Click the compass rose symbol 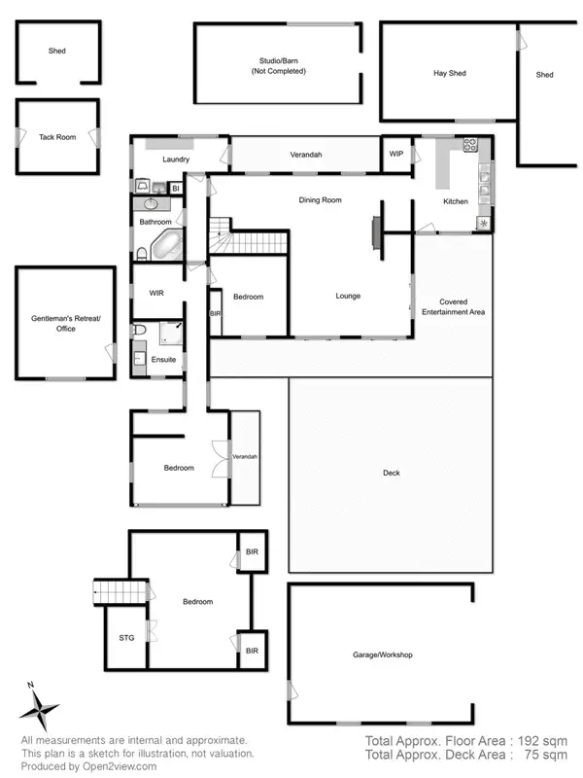tap(41, 709)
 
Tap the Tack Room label tap(57, 137)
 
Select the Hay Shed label tap(449, 74)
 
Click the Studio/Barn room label tap(279, 67)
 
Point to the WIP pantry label tap(396, 154)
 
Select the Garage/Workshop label tap(382, 654)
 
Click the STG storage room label tap(125, 638)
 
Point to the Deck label tap(391, 474)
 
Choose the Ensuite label tap(164, 360)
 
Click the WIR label tap(156, 293)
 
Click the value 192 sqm tap(542, 740)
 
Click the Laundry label tap(176, 159)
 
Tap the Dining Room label tap(320, 200)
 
